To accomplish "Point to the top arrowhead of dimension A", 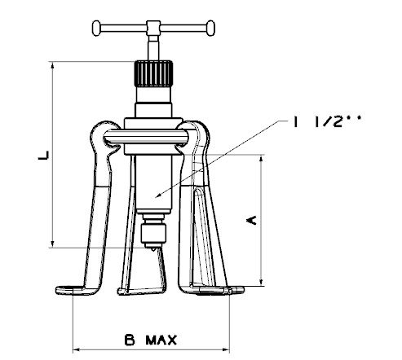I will (x=262, y=158).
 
